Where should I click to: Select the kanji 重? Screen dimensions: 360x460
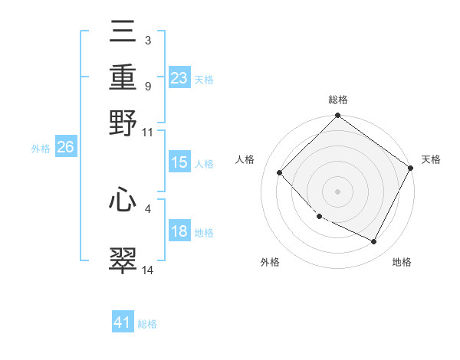point(123,77)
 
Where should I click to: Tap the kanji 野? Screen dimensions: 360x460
point(123,123)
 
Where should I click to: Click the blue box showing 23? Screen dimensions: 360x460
point(179,78)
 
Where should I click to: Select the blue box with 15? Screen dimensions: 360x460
point(179,162)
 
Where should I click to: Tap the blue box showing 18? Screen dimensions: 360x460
point(179,232)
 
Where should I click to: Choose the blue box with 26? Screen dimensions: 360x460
point(65,148)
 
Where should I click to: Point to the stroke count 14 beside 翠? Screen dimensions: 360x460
point(148,270)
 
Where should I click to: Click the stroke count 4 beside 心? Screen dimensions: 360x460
point(147,208)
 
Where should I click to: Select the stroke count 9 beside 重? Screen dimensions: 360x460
point(147,86)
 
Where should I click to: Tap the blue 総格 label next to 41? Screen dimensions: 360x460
point(148,324)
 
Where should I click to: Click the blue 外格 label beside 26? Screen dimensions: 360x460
point(41,149)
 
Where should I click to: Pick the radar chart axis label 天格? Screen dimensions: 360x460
point(431,159)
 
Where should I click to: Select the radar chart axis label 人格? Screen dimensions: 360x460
point(245,159)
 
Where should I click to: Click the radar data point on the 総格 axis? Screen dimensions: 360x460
point(337,116)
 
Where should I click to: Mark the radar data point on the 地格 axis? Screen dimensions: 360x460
point(374,242)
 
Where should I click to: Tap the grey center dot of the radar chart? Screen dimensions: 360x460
point(337,191)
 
